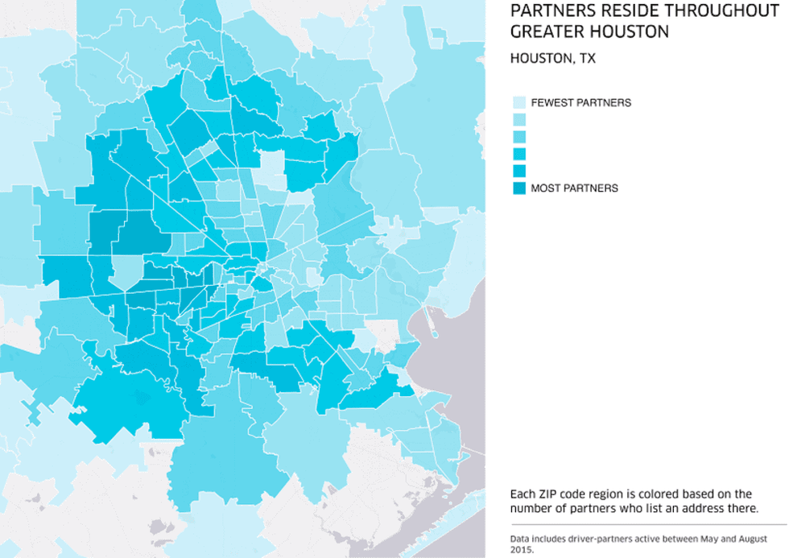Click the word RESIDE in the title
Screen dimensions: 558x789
pyautogui.click(x=610, y=10)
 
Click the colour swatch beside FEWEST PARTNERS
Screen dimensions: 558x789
pyautogui.click(x=519, y=103)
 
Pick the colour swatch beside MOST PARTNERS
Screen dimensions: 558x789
pyautogui.click(x=519, y=188)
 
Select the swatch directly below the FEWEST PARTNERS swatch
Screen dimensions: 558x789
pyautogui.click(x=519, y=120)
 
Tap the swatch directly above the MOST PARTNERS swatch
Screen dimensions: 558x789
pyautogui.click(x=519, y=171)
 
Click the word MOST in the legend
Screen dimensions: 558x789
pyautogui.click(x=545, y=188)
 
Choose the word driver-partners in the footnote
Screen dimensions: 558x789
pyautogui.click(x=593, y=538)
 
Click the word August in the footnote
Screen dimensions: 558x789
pyautogui.click(x=738, y=538)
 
